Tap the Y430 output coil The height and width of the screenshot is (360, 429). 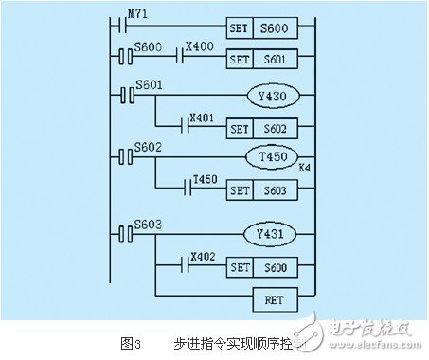[x=272, y=96]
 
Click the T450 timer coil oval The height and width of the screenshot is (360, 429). [x=272, y=157]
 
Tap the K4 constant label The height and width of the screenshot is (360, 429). [x=304, y=168]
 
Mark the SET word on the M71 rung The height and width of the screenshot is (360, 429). [x=240, y=27]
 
